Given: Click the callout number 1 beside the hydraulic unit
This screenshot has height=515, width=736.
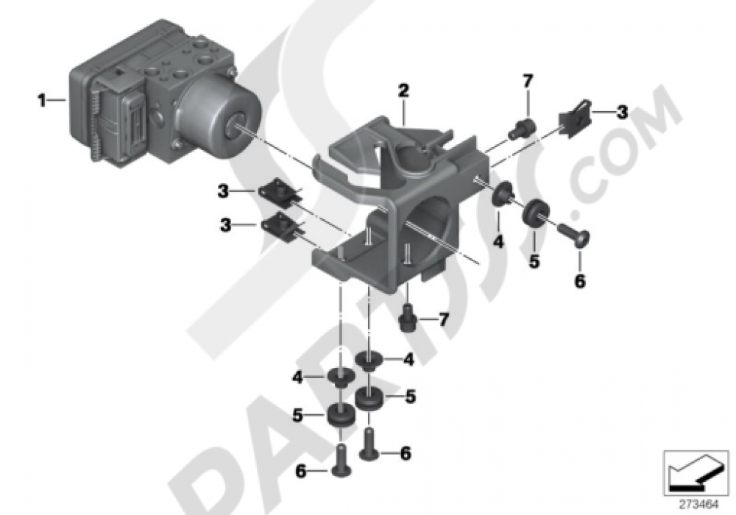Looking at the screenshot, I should (42, 99).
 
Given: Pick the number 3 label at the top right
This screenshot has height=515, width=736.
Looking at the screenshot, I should (622, 113).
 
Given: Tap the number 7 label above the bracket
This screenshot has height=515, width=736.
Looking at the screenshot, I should (527, 80).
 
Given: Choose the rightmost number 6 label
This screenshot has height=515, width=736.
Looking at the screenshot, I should (579, 280).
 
